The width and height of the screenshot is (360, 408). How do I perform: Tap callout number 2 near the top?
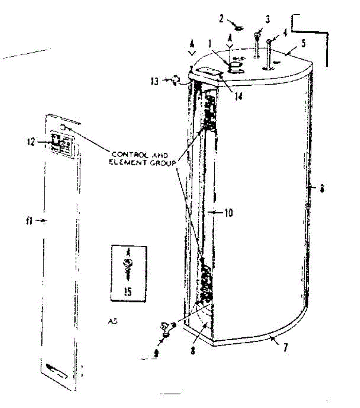coord(221,19)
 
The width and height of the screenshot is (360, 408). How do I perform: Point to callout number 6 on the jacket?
coord(322,188)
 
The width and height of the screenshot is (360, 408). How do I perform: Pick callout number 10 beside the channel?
coord(229,213)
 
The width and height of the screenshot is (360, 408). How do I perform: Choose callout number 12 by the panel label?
coord(31,141)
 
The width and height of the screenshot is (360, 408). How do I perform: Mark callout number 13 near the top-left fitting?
coord(155,81)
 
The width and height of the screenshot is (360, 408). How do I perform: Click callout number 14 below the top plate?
coord(239,96)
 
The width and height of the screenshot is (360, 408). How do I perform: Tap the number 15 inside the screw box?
coord(128,291)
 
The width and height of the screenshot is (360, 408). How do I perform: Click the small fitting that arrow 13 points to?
coord(176,81)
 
